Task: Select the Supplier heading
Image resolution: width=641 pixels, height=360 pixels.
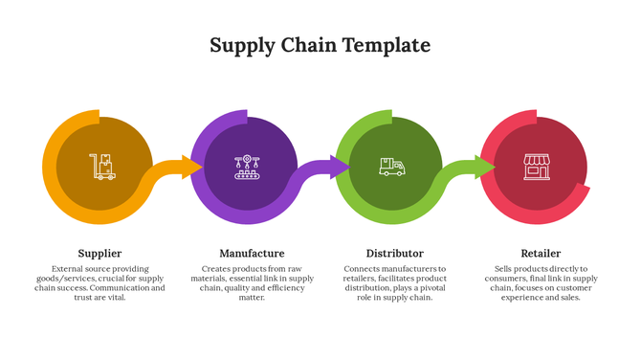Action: (99, 254)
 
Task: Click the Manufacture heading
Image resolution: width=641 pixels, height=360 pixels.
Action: (252, 254)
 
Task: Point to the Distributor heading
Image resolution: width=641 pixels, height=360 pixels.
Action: (395, 254)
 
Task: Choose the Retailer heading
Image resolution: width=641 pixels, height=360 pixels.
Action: (541, 254)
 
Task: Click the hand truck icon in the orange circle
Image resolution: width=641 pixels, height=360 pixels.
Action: (102, 167)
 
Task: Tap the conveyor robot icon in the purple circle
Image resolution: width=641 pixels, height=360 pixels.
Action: (247, 167)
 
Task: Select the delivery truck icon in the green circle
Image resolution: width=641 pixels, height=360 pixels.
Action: (391, 167)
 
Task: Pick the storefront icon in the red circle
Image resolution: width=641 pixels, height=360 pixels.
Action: (536, 167)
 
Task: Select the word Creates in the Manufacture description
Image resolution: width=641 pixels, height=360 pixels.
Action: (219, 269)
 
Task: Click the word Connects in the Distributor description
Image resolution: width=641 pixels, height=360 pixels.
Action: (364, 269)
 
